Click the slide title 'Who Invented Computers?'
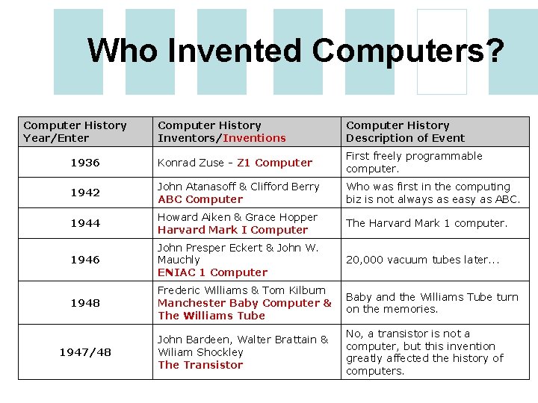tap(295, 51)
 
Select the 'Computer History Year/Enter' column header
tap(75, 131)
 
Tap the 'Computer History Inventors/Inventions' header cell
tap(221, 131)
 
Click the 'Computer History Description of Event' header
tap(405, 131)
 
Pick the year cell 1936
tap(85, 163)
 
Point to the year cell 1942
tap(85, 193)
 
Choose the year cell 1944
tap(85, 223)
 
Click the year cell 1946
tap(85, 260)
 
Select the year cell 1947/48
tap(85, 352)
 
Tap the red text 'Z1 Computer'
tap(274, 163)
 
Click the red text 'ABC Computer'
tap(200, 199)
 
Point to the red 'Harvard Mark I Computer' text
tap(232, 230)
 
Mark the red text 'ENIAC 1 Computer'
tap(212, 272)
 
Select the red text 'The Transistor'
tap(200, 365)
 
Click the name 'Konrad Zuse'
tap(191, 163)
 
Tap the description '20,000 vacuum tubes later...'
tap(422, 260)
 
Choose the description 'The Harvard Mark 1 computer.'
tap(426, 223)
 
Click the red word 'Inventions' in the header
tap(254, 138)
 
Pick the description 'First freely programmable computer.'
tap(414, 162)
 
